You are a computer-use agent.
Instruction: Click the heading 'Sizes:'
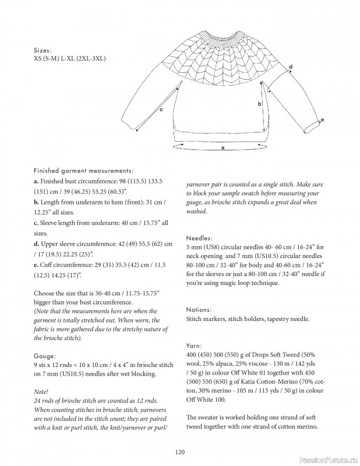pos(43,50)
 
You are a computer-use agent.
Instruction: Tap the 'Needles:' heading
pos(199,238)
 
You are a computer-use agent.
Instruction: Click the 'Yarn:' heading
pos(195,345)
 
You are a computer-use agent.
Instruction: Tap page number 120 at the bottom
pos(179,451)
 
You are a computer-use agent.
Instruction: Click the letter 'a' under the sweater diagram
pos(223,149)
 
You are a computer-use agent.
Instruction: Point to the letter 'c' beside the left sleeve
pos(160,110)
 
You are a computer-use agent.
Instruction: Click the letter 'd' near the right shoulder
pos(291,68)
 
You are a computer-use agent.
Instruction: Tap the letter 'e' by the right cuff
pos(322,120)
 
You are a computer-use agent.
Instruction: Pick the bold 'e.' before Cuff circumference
pos(36,265)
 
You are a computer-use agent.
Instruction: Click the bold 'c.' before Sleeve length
pos(36,223)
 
